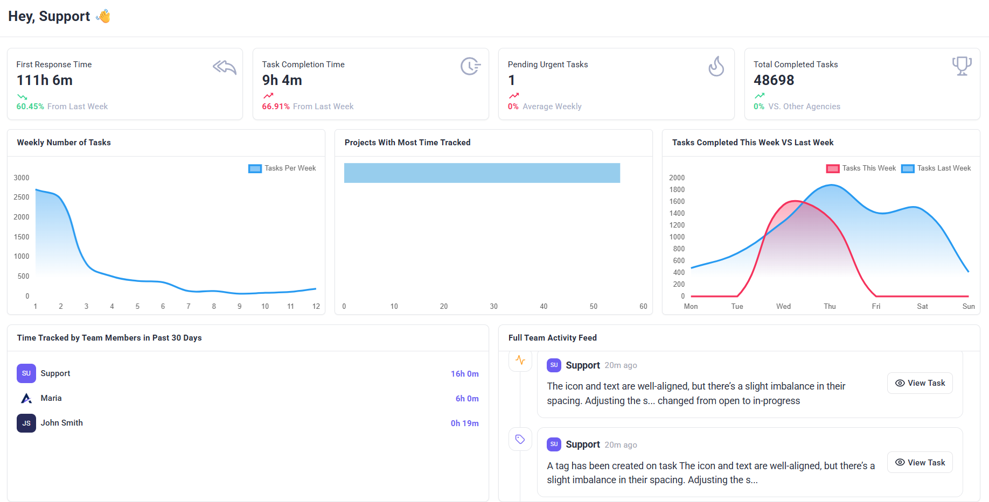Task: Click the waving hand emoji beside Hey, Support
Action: tap(103, 16)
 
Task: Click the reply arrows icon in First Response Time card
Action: tap(225, 67)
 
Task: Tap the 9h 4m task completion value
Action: tap(282, 80)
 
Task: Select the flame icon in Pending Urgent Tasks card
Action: tap(716, 67)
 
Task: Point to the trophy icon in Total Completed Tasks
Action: tap(962, 66)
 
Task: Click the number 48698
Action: tap(774, 80)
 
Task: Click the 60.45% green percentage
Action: tap(30, 107)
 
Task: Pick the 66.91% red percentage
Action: tap(276, 107)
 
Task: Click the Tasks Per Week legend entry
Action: tap(282, 168)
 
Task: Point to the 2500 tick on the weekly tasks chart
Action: tap(22, 197)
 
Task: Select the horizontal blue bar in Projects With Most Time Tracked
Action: tap(482, 173)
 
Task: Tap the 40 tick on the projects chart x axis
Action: tap(544, 306)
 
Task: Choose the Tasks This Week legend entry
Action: tap(861, 168)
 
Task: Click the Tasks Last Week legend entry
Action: tap(936, 168)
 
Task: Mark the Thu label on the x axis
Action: tap(830, 306)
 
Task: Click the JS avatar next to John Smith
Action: tap(26, 423)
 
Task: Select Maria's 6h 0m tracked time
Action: tap(467, 399)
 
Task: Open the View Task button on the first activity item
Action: tap(920, 383)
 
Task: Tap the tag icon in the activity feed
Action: tap(520, 439)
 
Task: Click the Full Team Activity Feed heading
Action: tap(552, 338)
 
